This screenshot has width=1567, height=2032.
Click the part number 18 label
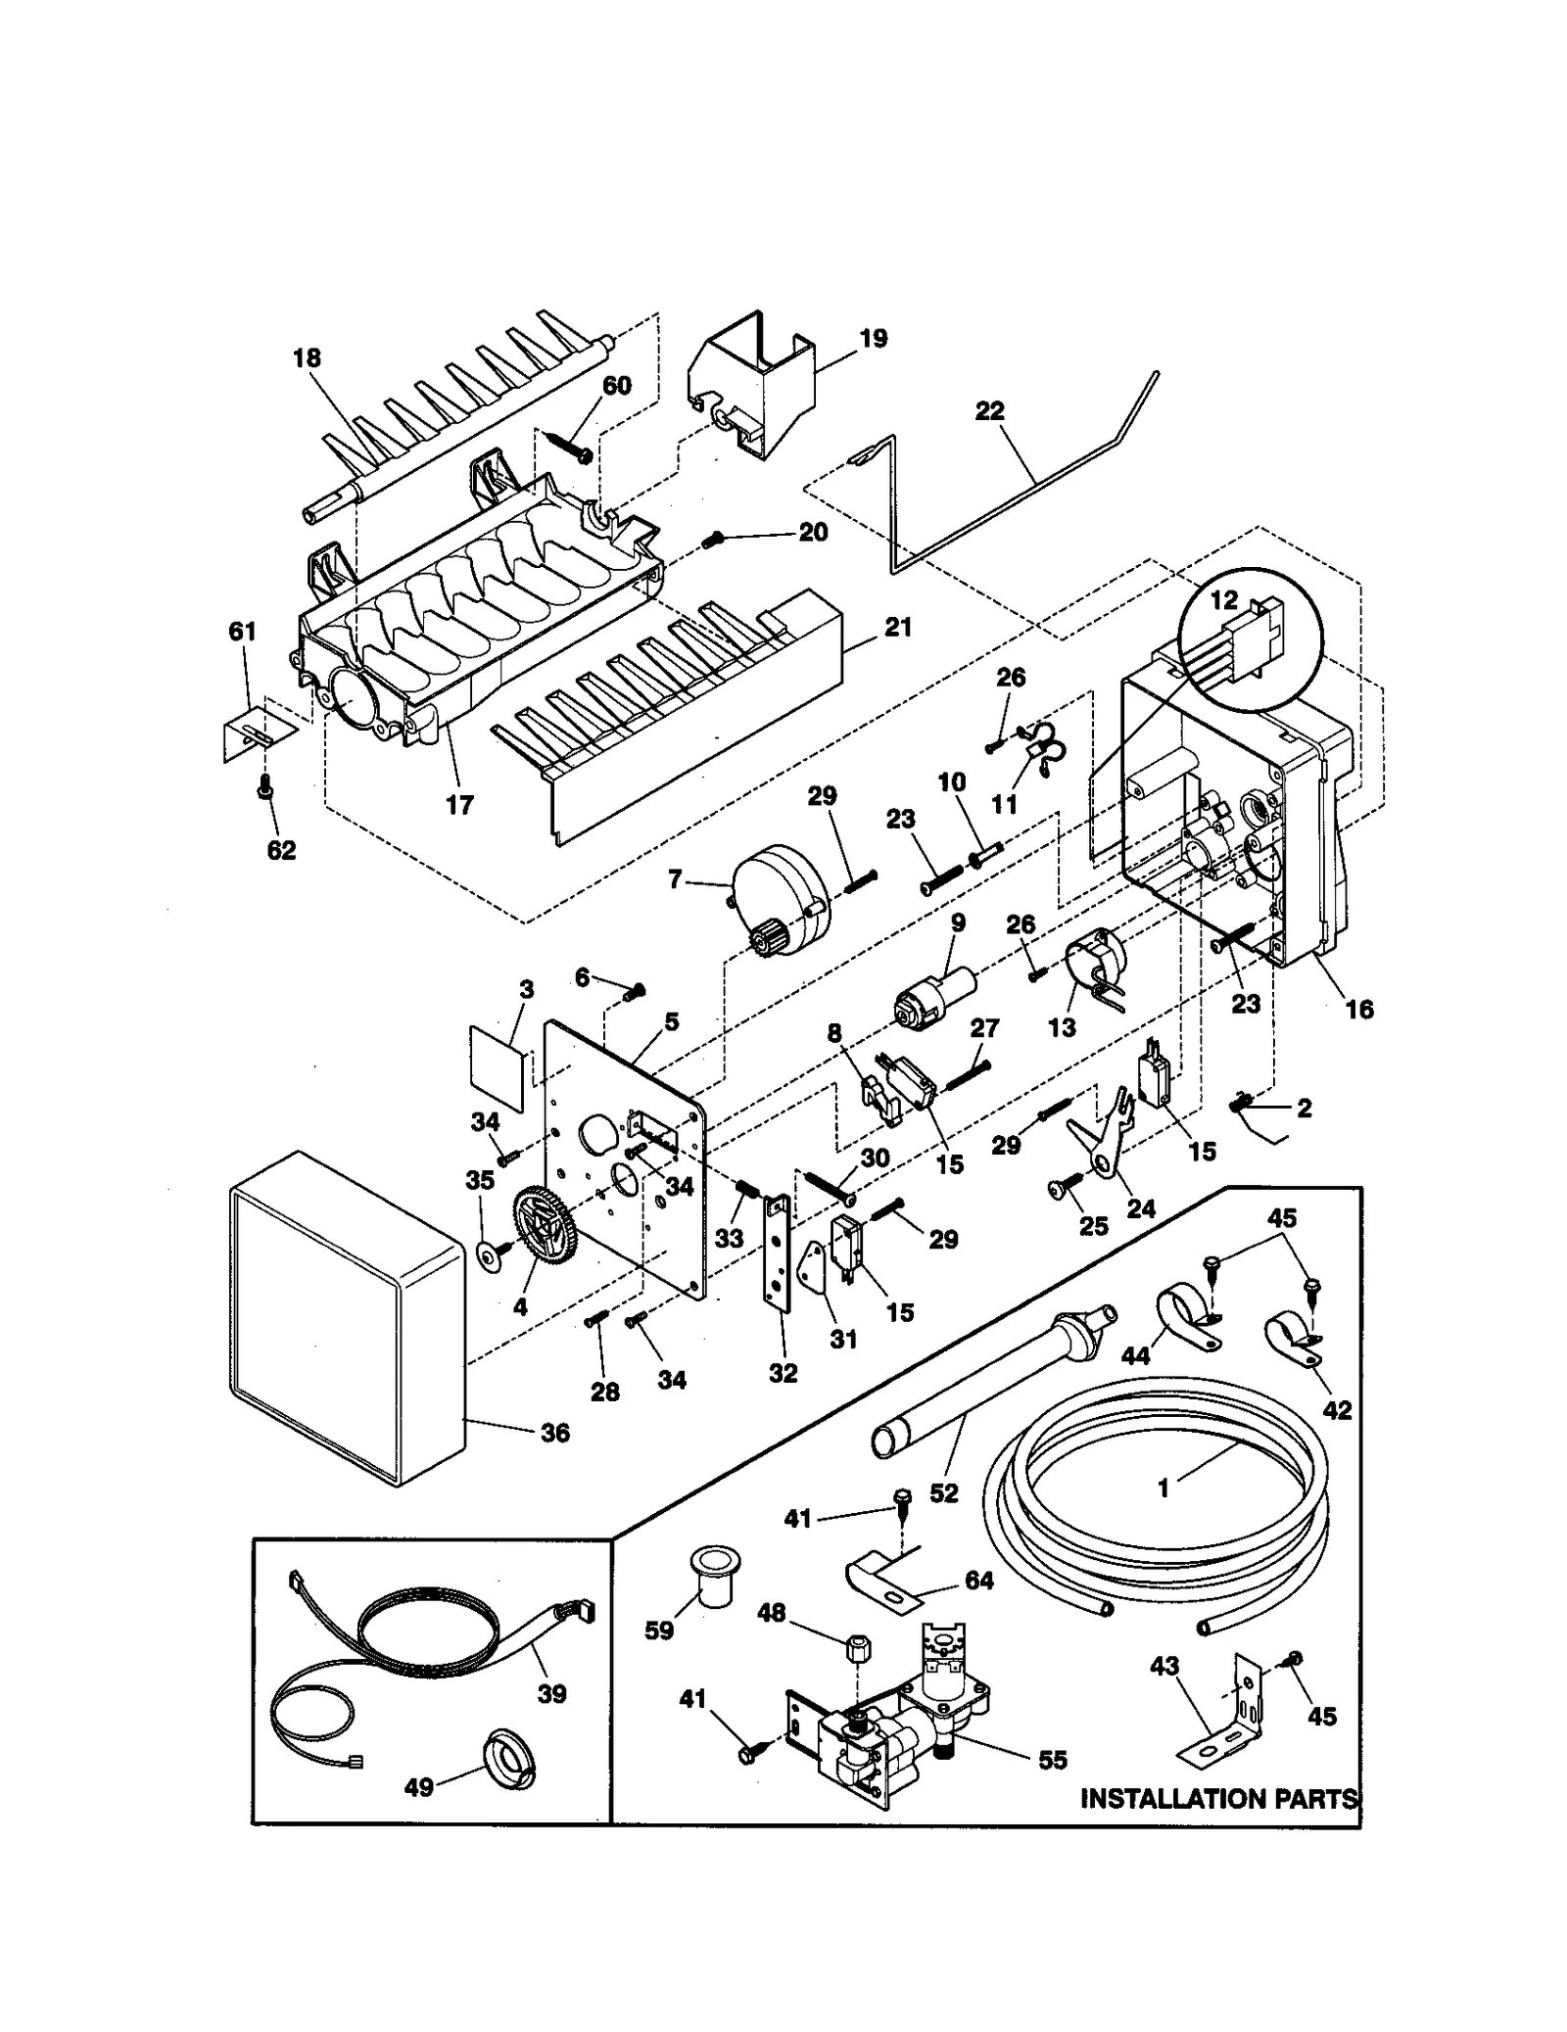[307, 358]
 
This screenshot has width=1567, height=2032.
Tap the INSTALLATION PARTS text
[1218, 1799]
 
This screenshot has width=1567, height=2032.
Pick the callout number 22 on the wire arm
[989, 411]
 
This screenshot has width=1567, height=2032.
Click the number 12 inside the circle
[1224, 600]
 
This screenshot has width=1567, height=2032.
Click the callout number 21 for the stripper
[897, 628]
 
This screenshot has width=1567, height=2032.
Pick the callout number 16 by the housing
[1358, 1009]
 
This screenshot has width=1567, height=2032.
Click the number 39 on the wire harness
[551, 1694]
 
